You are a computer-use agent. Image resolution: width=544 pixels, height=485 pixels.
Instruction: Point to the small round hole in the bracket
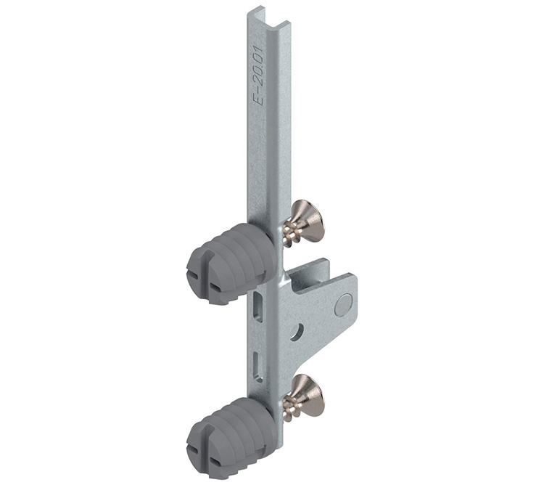pos(297,332)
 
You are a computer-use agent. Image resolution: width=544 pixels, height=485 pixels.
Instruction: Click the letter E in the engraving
pos(268,102)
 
